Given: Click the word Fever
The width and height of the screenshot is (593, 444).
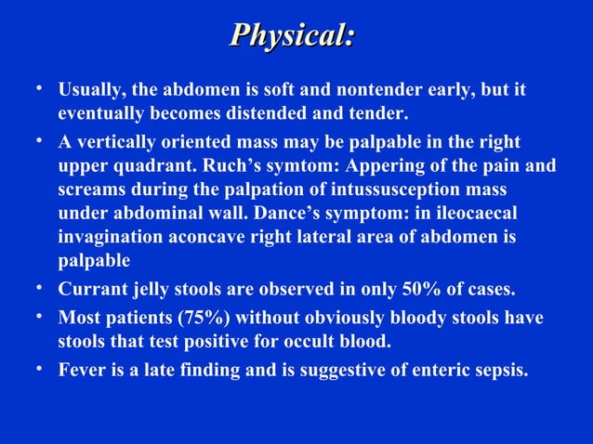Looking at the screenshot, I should [x=80, y=370].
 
